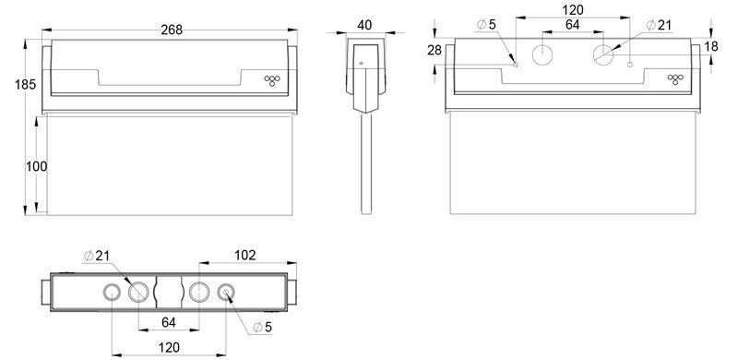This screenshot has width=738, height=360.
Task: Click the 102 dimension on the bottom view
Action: click(244, 254)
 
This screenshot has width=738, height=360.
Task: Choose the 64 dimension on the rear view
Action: click(572, 26)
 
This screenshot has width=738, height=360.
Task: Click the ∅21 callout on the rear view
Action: click(660, 24)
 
